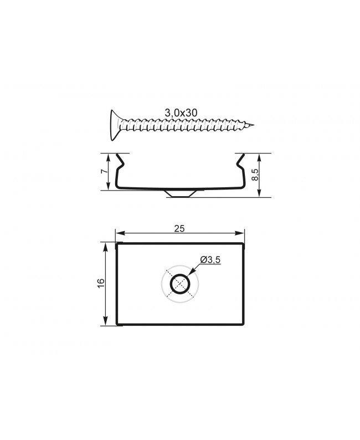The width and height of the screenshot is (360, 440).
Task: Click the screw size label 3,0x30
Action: tap(181, 112)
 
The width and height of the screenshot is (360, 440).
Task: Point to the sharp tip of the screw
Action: tap(254, 125)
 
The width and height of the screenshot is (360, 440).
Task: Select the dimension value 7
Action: tap(103, 172)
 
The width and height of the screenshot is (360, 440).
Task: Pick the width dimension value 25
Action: tap(179, 228)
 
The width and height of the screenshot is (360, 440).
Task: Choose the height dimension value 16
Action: tap(100, 284)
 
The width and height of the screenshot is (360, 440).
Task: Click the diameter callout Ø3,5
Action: tap(210, 260)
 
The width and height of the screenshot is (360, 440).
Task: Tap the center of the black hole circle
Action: tap(179, 285)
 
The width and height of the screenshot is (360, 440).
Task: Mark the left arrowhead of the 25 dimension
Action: tap(118, 234)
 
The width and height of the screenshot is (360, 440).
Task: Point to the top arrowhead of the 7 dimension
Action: tap(109, 156)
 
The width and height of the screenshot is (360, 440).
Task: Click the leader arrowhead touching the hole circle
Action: tap(189, 275)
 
